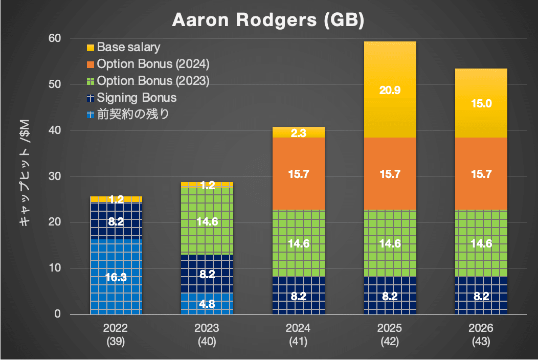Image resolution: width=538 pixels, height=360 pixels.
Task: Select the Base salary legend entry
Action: tap(128, 48)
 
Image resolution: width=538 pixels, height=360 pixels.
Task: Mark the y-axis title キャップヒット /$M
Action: tap(24, 176)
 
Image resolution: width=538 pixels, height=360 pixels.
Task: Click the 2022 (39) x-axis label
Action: tap(116, 334)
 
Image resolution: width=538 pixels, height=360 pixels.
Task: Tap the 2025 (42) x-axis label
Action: tap(390, 334)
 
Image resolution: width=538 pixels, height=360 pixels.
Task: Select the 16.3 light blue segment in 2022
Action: tap(116, 277)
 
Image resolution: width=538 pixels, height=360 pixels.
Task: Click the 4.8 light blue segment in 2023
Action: tap(207, 303)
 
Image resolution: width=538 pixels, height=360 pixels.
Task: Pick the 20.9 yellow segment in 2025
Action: tap(390, 89)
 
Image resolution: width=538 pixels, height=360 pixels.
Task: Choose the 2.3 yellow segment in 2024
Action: tap(299, 132)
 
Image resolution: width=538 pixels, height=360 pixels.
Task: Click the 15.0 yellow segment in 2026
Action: tap(481, 103)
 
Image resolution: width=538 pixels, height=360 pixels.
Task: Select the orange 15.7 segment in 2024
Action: tap(299, 173)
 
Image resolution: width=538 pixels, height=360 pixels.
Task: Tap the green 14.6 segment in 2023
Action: tap(207, 221)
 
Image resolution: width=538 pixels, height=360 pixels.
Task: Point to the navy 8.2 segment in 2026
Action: tap(481, 296)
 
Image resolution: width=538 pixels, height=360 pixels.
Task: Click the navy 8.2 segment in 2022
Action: tap(116, 221)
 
